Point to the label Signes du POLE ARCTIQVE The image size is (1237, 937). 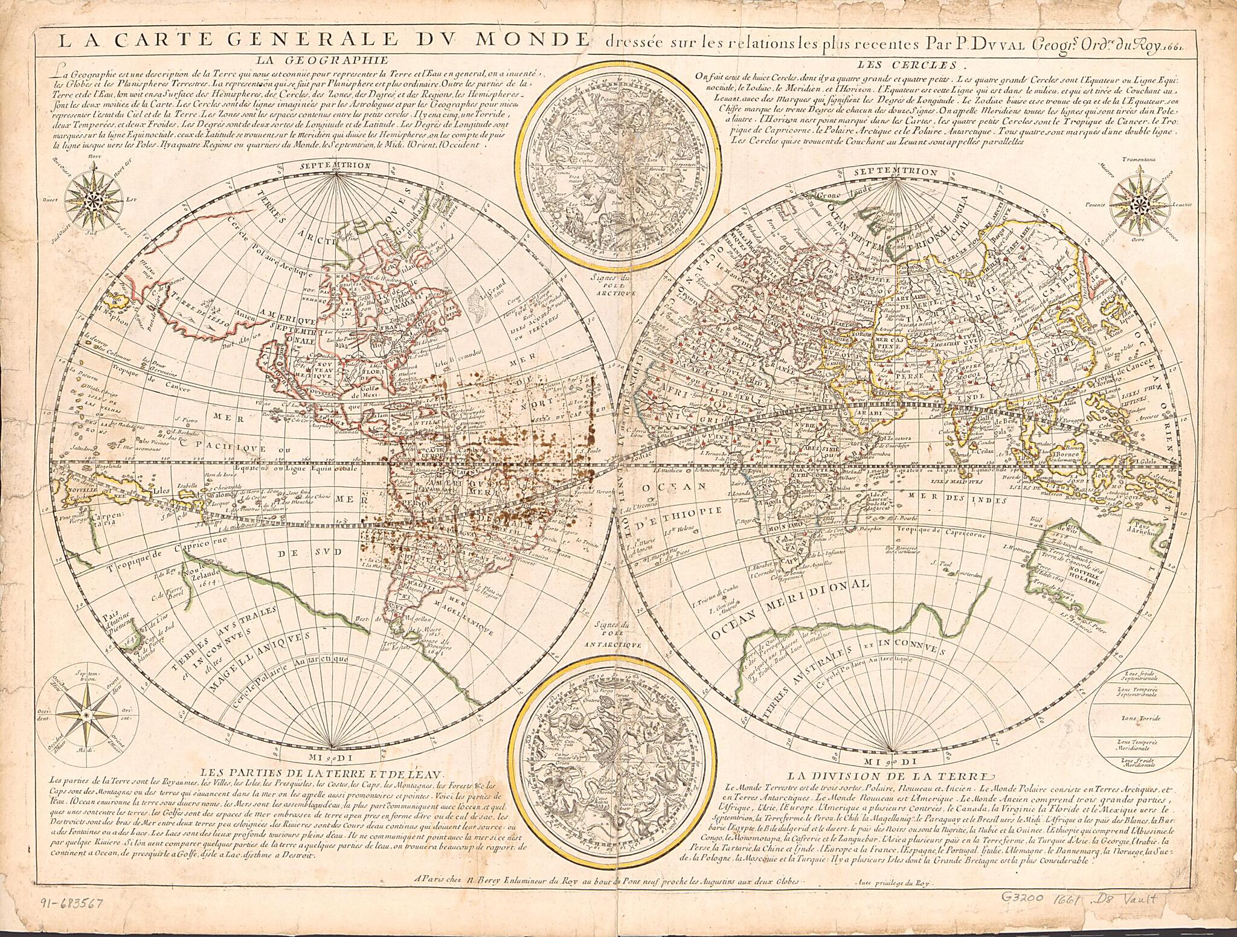615,284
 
